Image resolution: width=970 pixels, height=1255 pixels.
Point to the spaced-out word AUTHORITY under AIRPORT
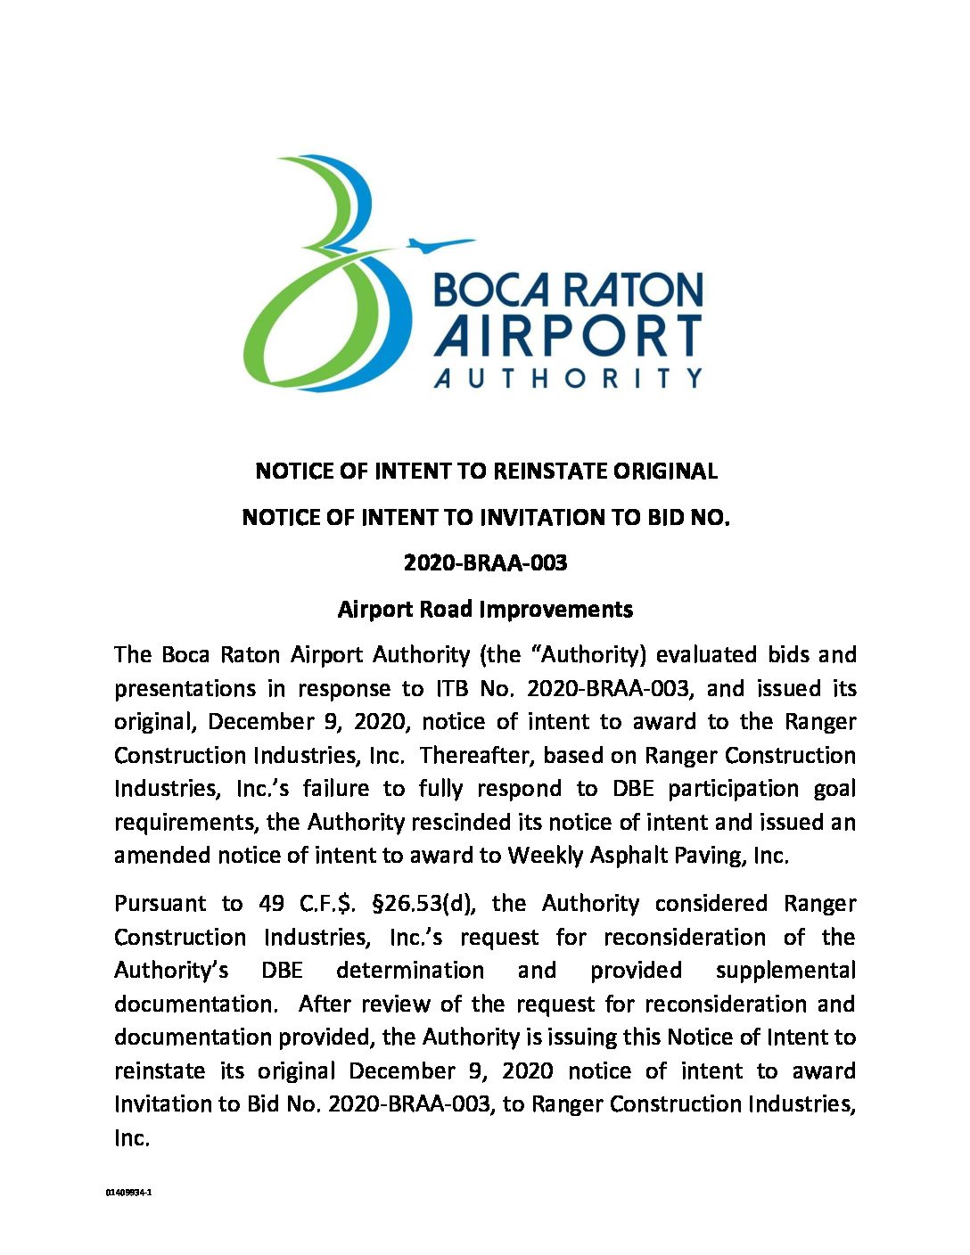(x=568, y=378)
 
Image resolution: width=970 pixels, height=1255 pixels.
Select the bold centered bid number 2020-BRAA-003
(x=485, y=563)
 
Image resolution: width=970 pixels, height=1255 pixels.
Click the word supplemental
(x=785, y=971)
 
